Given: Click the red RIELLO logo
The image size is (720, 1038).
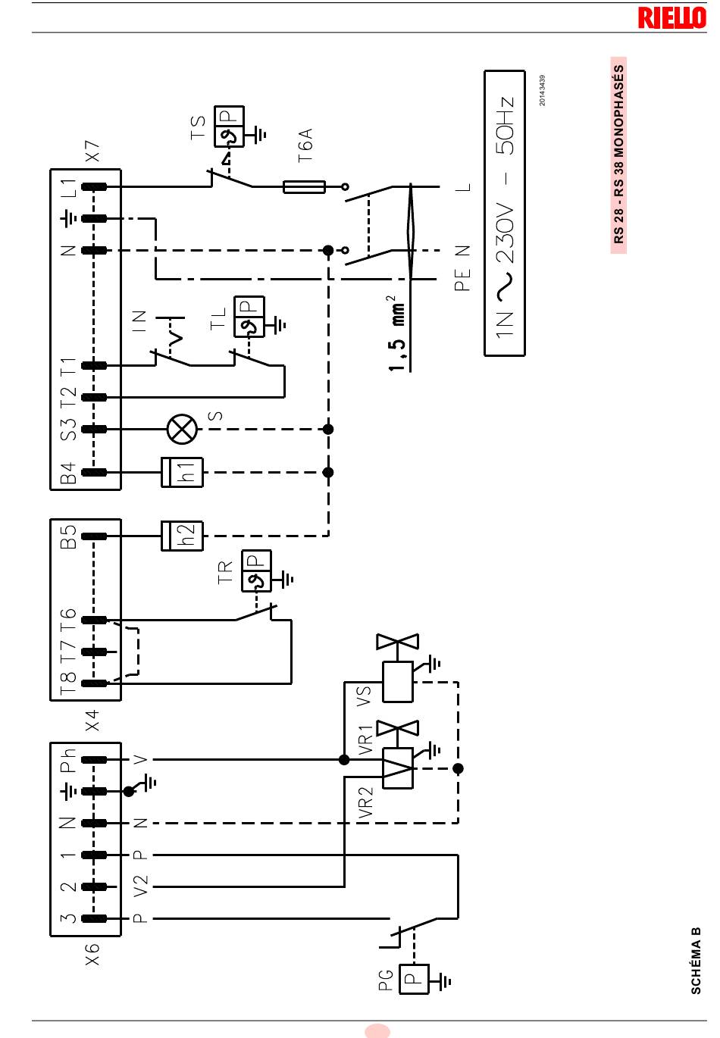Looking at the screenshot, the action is pyautogui.click(x=671, y=17).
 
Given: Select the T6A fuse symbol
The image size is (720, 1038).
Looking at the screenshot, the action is pyautogui.click(x=304, y=186).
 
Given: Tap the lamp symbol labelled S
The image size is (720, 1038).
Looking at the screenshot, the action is pyautogui.click(x=182, y=429).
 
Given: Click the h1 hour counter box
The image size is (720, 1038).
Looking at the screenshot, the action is pyautogui.click(x=182, y=472).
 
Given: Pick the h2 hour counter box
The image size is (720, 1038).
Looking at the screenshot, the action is pyautogui.click(x=182, y=536).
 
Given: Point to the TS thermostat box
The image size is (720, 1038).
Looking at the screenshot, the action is pyautogui.click(x=229, y=127).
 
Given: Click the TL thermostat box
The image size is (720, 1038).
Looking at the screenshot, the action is pyautogui.click(x=249, y=317).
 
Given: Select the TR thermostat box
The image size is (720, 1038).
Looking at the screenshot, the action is pyautogui.click(x=256, y=571).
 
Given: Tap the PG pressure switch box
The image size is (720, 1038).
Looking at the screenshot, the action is pyautogui.click(x=414, y=979).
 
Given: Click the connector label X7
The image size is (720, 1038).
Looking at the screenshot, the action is pyautogui.click(x=92, y=151).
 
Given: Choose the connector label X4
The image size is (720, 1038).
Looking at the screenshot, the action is pyautogui.click(x=92, y=720).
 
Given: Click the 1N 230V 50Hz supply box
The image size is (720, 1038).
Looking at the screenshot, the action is pyautogui.click(x=505, y=213).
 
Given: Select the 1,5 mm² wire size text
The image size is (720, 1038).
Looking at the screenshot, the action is pyautogui.click(x=397, y=333).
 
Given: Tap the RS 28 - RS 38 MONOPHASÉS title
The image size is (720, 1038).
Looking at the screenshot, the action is pyautogui.click(x=618, y=155).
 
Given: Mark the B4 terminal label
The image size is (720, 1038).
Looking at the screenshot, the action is pyautogui.click(x=68, y=473).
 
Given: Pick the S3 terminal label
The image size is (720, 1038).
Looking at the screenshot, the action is pyautogui.click(x=68, y=429).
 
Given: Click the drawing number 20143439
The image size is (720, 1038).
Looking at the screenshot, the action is pyautogui.click(x=542, y=90).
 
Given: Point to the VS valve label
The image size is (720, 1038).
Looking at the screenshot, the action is pyautogui.click(x=364, y=696).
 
